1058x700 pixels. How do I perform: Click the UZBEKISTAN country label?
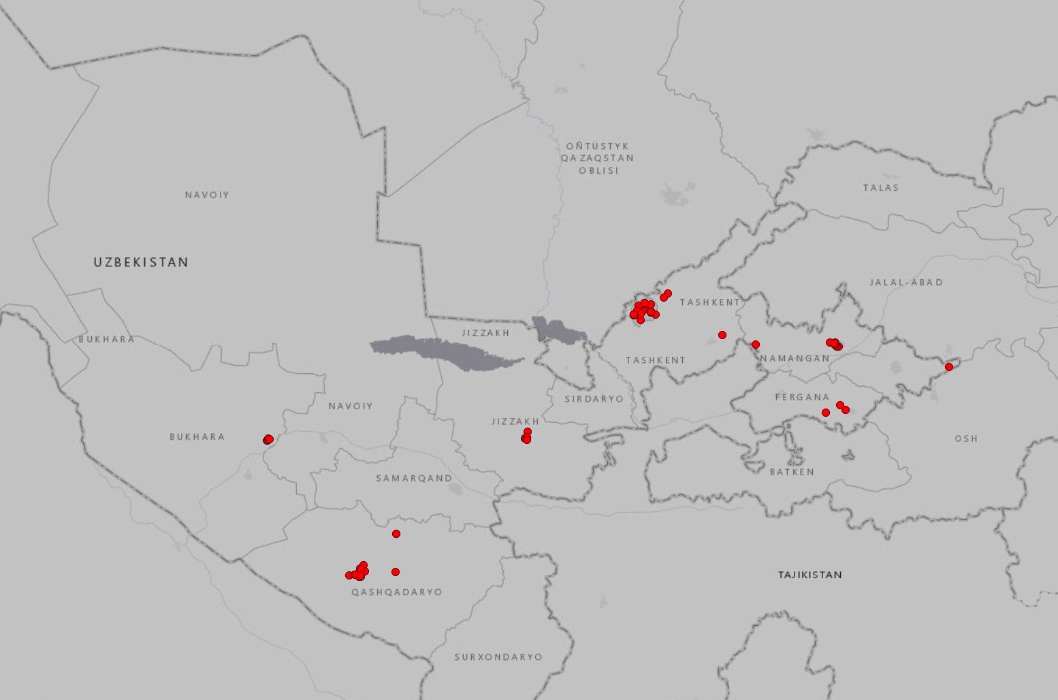click(x=141, y=262)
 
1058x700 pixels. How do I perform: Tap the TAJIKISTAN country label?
click(x=809, y=575)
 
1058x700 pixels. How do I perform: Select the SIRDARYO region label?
click(x=594, y=399)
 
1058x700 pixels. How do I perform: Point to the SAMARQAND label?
click(x=414, y=479)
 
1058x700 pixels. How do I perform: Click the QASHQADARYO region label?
click(x=396, y=592)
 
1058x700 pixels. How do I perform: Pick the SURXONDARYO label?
click(x=498, y=657)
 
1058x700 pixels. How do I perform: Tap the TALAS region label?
click(x=880, y=188)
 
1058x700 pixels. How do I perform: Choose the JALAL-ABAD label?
click(x=905, y=283)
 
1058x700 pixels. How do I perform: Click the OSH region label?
click(x=965, y=439)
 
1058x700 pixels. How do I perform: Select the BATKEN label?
click(x=792, y=472)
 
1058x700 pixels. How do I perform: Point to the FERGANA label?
click(x=802, y=397)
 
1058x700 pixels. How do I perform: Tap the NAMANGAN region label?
click(x=795, y=358)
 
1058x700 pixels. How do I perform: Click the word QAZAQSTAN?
click(x=597, y=158)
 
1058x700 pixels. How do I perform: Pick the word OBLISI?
click(x=598, y=170)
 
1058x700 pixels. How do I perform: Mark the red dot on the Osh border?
click(x=948, y=367)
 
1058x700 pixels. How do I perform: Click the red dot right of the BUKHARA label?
click(x=268, y=439)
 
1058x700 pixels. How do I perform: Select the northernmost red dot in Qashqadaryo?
click(x=396, y=534)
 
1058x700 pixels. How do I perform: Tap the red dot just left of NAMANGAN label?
click(x=755, y=345)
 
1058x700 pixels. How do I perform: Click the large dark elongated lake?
click(x=446, y=351)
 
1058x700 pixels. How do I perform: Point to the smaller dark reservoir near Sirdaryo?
click(x=558, y=331)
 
